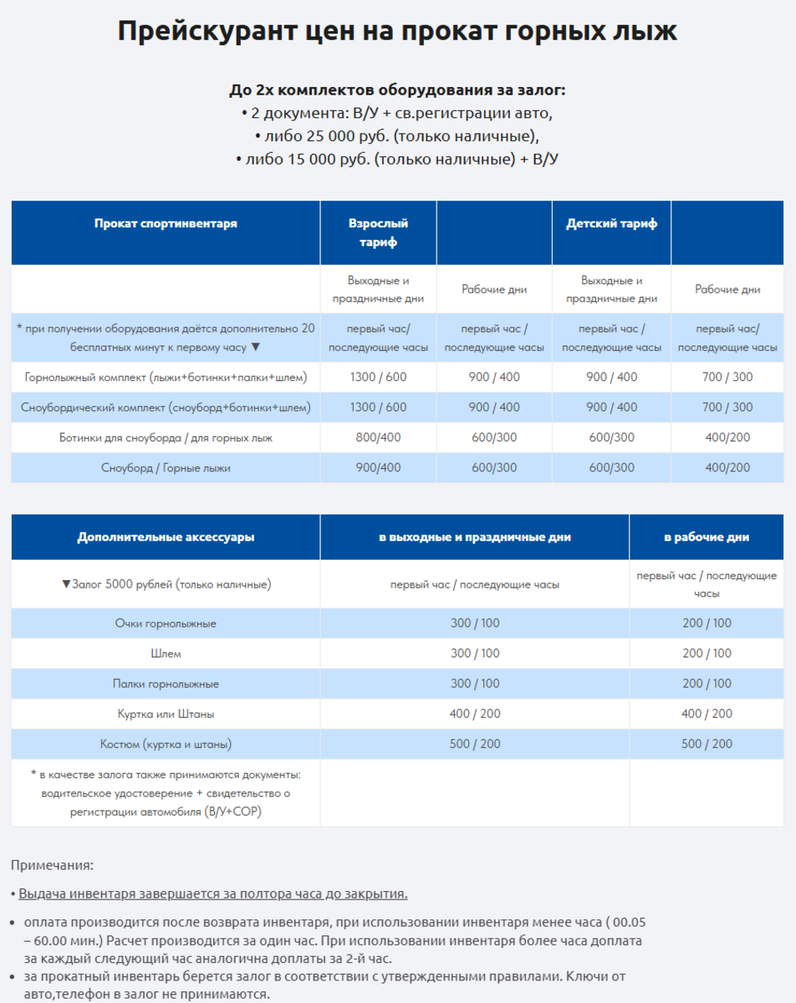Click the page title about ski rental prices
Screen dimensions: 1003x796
point(397,32)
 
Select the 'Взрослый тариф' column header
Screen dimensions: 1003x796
point(378,232)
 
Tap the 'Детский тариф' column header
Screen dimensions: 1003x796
point(611,224)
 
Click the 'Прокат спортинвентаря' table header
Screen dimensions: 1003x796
point(166,224)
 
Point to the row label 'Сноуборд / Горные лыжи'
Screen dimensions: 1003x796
point(166,468)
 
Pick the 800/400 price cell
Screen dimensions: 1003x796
point(378,438)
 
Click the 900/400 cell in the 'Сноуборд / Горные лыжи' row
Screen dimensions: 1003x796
point(378,468)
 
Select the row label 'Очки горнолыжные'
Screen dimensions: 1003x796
point(166,624)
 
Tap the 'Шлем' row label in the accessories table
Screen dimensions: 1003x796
point(166,654)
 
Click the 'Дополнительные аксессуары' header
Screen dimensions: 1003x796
point(166,537)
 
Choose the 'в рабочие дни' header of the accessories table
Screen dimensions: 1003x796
point(707,537)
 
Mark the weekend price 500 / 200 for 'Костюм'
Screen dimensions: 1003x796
point(475,744)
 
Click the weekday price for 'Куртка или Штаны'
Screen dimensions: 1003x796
point(707,714)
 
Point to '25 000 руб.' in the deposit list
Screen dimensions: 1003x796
point(314,135)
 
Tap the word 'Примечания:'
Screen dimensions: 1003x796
point(52,865)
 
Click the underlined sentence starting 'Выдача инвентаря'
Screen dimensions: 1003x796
point(213,894)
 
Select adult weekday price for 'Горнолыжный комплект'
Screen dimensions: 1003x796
point(494,377)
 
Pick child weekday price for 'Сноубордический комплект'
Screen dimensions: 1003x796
point(727,408)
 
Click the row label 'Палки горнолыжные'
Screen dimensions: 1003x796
point(166,684)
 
